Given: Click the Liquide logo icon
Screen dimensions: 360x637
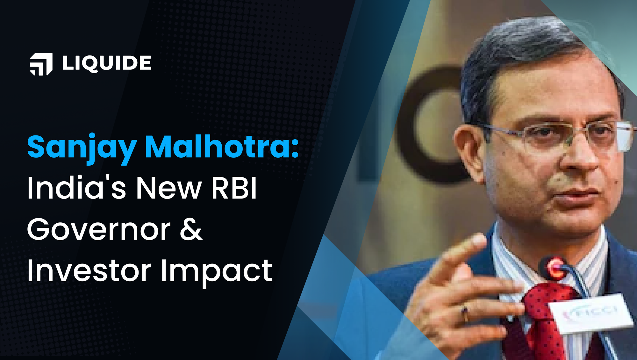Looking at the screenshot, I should pos(41,64).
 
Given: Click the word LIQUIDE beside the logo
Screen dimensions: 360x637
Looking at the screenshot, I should pos(107,63).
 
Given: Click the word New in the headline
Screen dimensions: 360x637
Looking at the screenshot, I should pos(169,188).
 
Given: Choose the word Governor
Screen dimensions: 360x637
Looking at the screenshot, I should pos(99,229).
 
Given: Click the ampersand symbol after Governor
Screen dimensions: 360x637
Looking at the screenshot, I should pos(191,229).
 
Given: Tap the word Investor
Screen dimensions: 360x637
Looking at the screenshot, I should pos(89,270).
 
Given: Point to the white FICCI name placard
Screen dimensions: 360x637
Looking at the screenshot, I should pos(591,313).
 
